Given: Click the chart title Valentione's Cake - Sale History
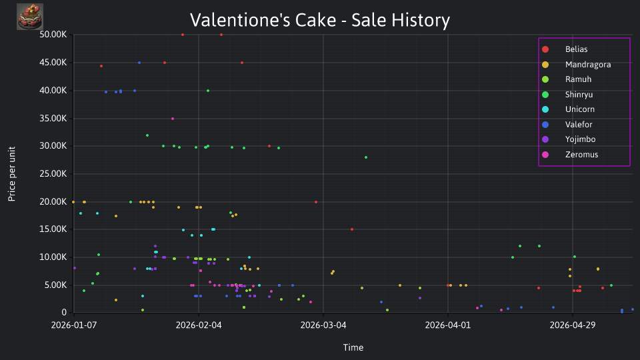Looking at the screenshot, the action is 319,20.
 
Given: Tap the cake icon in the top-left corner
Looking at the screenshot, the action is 30,17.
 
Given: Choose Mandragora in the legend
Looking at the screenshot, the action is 576,65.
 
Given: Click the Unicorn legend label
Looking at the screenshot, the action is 579,109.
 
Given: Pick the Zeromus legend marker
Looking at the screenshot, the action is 545,155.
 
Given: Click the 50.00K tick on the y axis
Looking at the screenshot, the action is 53,35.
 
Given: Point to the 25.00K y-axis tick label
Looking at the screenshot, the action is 53,174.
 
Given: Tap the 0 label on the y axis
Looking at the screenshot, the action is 64,313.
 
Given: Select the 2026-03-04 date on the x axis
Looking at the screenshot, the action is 323,325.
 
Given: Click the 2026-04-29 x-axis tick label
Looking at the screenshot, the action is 572,325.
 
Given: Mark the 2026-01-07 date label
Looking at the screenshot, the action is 74,325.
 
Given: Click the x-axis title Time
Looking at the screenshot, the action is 353,347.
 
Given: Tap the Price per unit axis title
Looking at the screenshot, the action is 12,174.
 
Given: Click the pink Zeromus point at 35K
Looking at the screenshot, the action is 173,119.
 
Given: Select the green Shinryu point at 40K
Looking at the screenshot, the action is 208,91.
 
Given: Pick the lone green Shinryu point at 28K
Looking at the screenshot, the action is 366,157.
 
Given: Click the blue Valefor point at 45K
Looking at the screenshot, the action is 139,63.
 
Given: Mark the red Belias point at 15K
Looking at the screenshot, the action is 352,229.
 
